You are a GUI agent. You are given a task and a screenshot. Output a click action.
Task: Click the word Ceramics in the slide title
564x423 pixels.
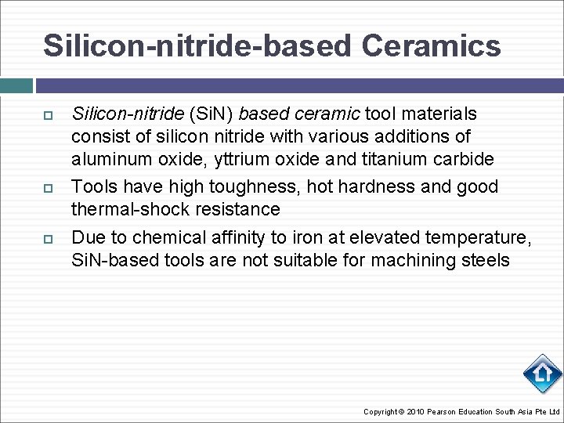pos(431,45)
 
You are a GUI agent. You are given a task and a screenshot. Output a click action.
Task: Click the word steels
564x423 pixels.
pos(485,260)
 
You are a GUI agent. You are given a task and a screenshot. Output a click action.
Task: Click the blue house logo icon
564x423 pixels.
pos(542,374)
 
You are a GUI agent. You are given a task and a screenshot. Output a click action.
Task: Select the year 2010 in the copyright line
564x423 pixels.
pos(415,412)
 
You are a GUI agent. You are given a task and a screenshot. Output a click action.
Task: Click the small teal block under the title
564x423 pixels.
pos(16,85)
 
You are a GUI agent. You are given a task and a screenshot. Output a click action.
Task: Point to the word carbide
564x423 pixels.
pos(468,159)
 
